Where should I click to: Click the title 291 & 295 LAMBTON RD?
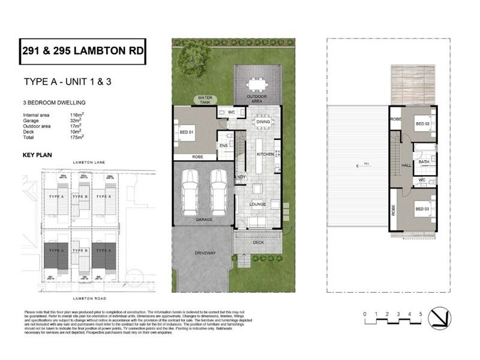coord(82,52)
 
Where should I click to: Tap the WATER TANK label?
coord(205,100)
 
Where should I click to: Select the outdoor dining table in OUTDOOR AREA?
coord(257,83)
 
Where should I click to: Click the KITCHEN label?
coord(265,154)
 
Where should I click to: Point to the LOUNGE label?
coord(260,204)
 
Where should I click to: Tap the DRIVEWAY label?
coord(205,253)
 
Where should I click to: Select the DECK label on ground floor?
coord(259,243)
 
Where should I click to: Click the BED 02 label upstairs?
coord(423,124)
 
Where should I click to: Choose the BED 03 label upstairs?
coord(423,208)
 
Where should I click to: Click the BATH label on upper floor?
coord(424,161)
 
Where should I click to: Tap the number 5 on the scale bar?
coord(421,314)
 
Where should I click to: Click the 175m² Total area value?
coord(76,137)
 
